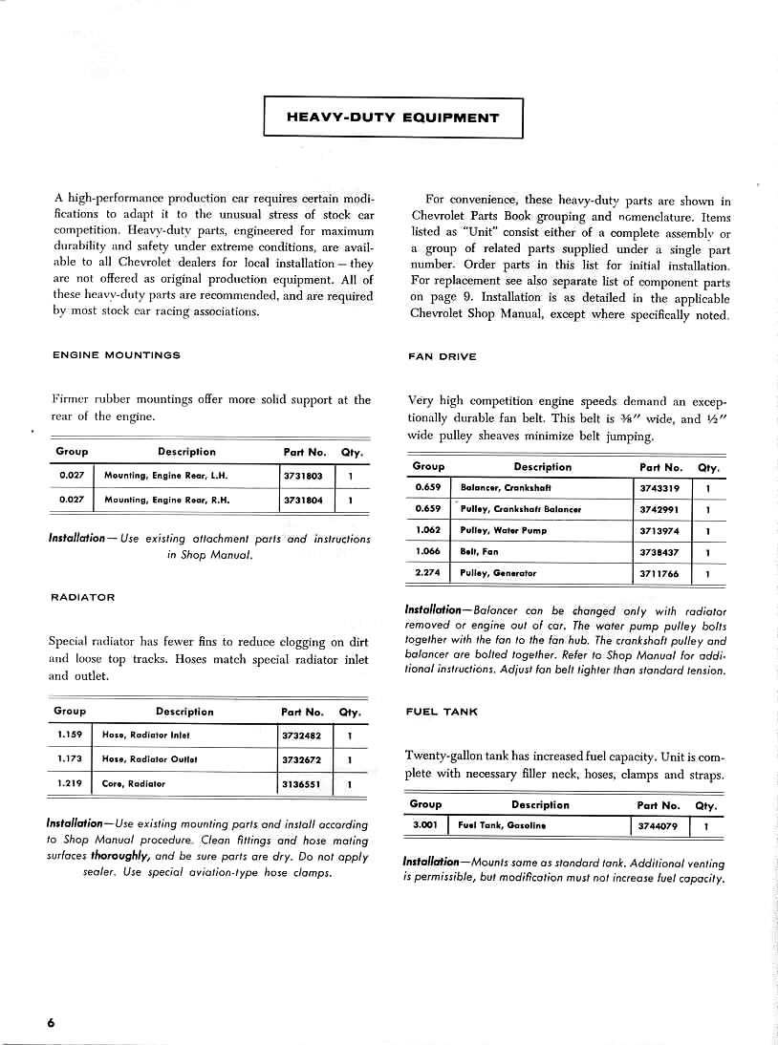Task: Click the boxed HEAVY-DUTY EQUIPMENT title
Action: (x=393, y=118)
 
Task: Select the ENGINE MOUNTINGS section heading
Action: (x=116, y=355)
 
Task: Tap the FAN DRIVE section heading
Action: (x=443, y=356)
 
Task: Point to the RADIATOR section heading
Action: (x=82, y=597)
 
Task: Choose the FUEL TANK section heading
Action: (x=442, y=712)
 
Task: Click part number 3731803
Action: (x=303, y=475)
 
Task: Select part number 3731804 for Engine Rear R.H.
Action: (x=303, y=499)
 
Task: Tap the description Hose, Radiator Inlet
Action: (x=146, y=736)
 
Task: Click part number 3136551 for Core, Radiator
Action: (x=301, y=784)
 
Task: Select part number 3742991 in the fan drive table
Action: (x=659, y=509)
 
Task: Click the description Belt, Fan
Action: (x=479, y=551)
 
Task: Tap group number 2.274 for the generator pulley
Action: (x=427, y=573)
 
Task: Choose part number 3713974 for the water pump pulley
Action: (x=659, y=530)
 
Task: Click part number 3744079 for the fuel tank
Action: (x=658, y=826)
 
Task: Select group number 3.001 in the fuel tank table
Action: (x=424, y=825)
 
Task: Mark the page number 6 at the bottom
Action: (x=50, y=1022)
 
